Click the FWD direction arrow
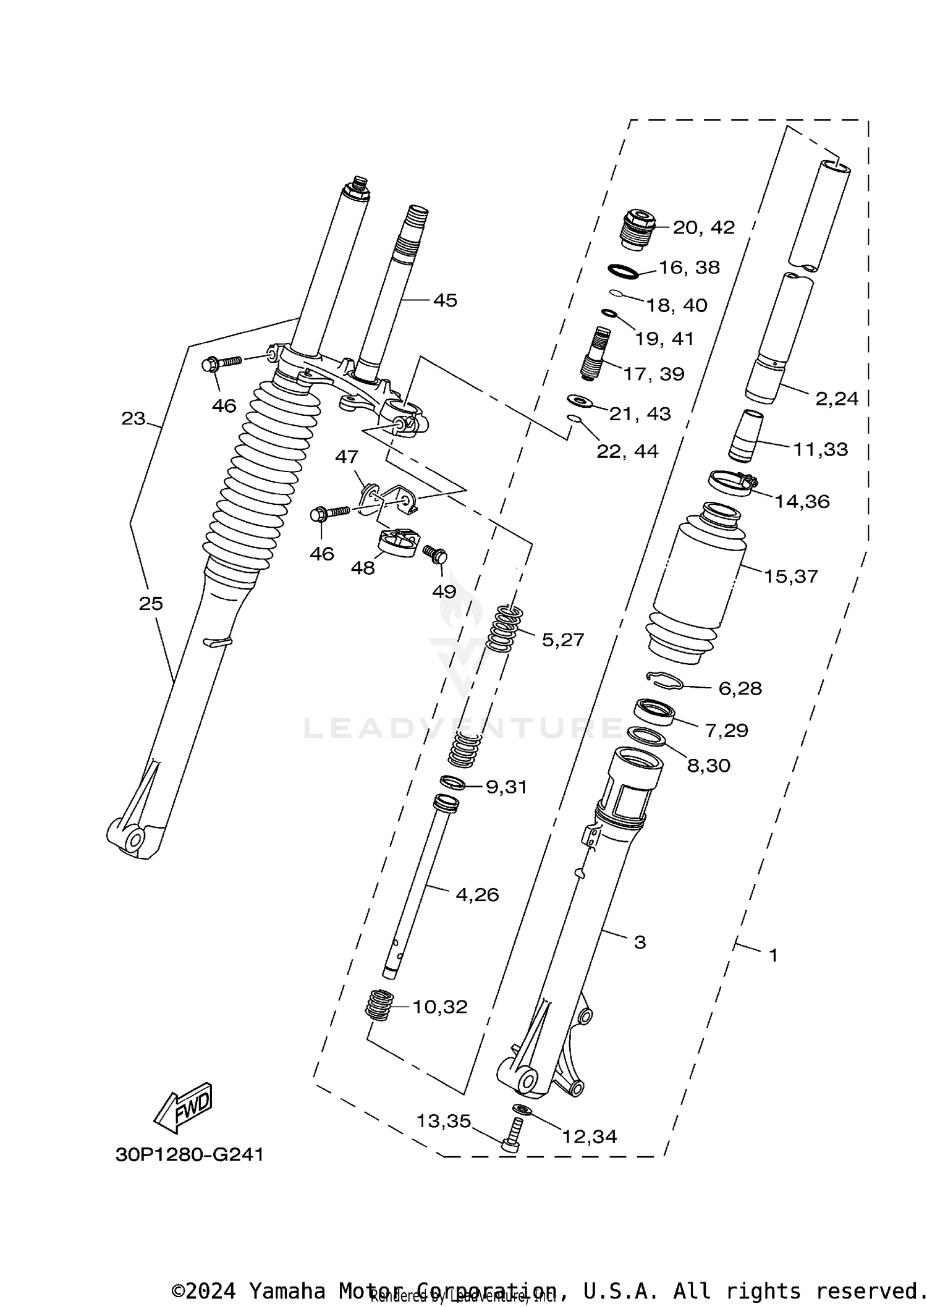(x=184, y=1107)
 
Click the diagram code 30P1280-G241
(x=189, y=1154)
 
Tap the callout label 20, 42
(x=703, y=227)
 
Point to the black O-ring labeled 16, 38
(x=623, y=271)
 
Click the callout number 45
(x=445, y=300)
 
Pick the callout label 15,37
(x=790, y=577)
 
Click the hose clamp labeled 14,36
(x=732, y=482)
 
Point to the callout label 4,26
(x=476, y=895)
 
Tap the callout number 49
(x=444, y=591)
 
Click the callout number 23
(x=133, y=419)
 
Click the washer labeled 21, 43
(x=580, y=402)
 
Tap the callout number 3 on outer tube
(x=640, y=942)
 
